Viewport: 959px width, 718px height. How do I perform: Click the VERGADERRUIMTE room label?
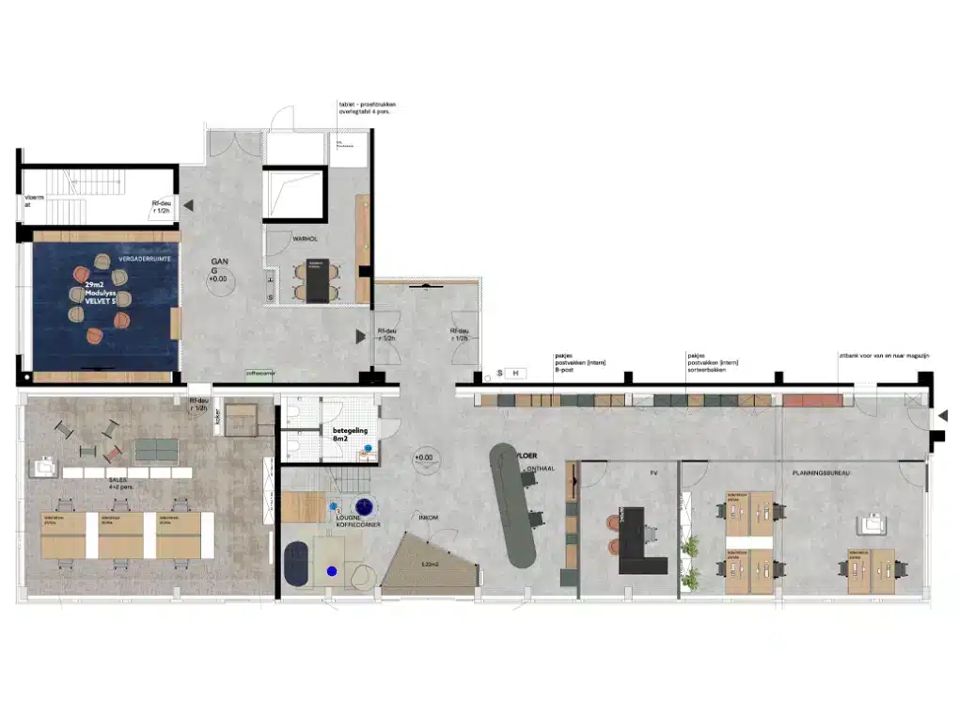117,257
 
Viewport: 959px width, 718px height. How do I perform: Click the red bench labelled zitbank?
812,400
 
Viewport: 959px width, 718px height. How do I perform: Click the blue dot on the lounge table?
331,570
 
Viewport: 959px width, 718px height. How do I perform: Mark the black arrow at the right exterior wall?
943,415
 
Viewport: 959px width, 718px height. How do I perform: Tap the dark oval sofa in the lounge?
298,563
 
